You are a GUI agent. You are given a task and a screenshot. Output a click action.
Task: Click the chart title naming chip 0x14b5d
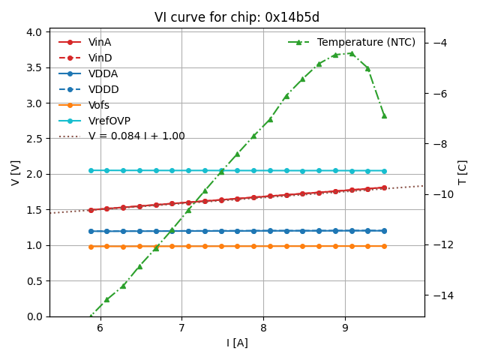(x=237, y=17)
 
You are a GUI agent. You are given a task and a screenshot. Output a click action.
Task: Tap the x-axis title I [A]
(x=237, y=343)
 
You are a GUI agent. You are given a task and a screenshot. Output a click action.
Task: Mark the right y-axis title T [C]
(x=462, y=172)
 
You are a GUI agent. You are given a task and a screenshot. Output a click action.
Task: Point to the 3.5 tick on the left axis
(x=33, y=67)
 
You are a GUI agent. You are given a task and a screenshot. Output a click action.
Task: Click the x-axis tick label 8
(x=263, y=328)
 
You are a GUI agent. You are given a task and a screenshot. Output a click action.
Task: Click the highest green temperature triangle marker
(x=351, y=53)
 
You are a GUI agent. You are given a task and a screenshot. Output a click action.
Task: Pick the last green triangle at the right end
(x=384, y=115)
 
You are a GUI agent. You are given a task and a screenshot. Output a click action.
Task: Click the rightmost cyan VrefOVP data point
(x=384, y=171)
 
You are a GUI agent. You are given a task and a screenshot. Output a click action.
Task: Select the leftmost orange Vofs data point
(x=91, y=246)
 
